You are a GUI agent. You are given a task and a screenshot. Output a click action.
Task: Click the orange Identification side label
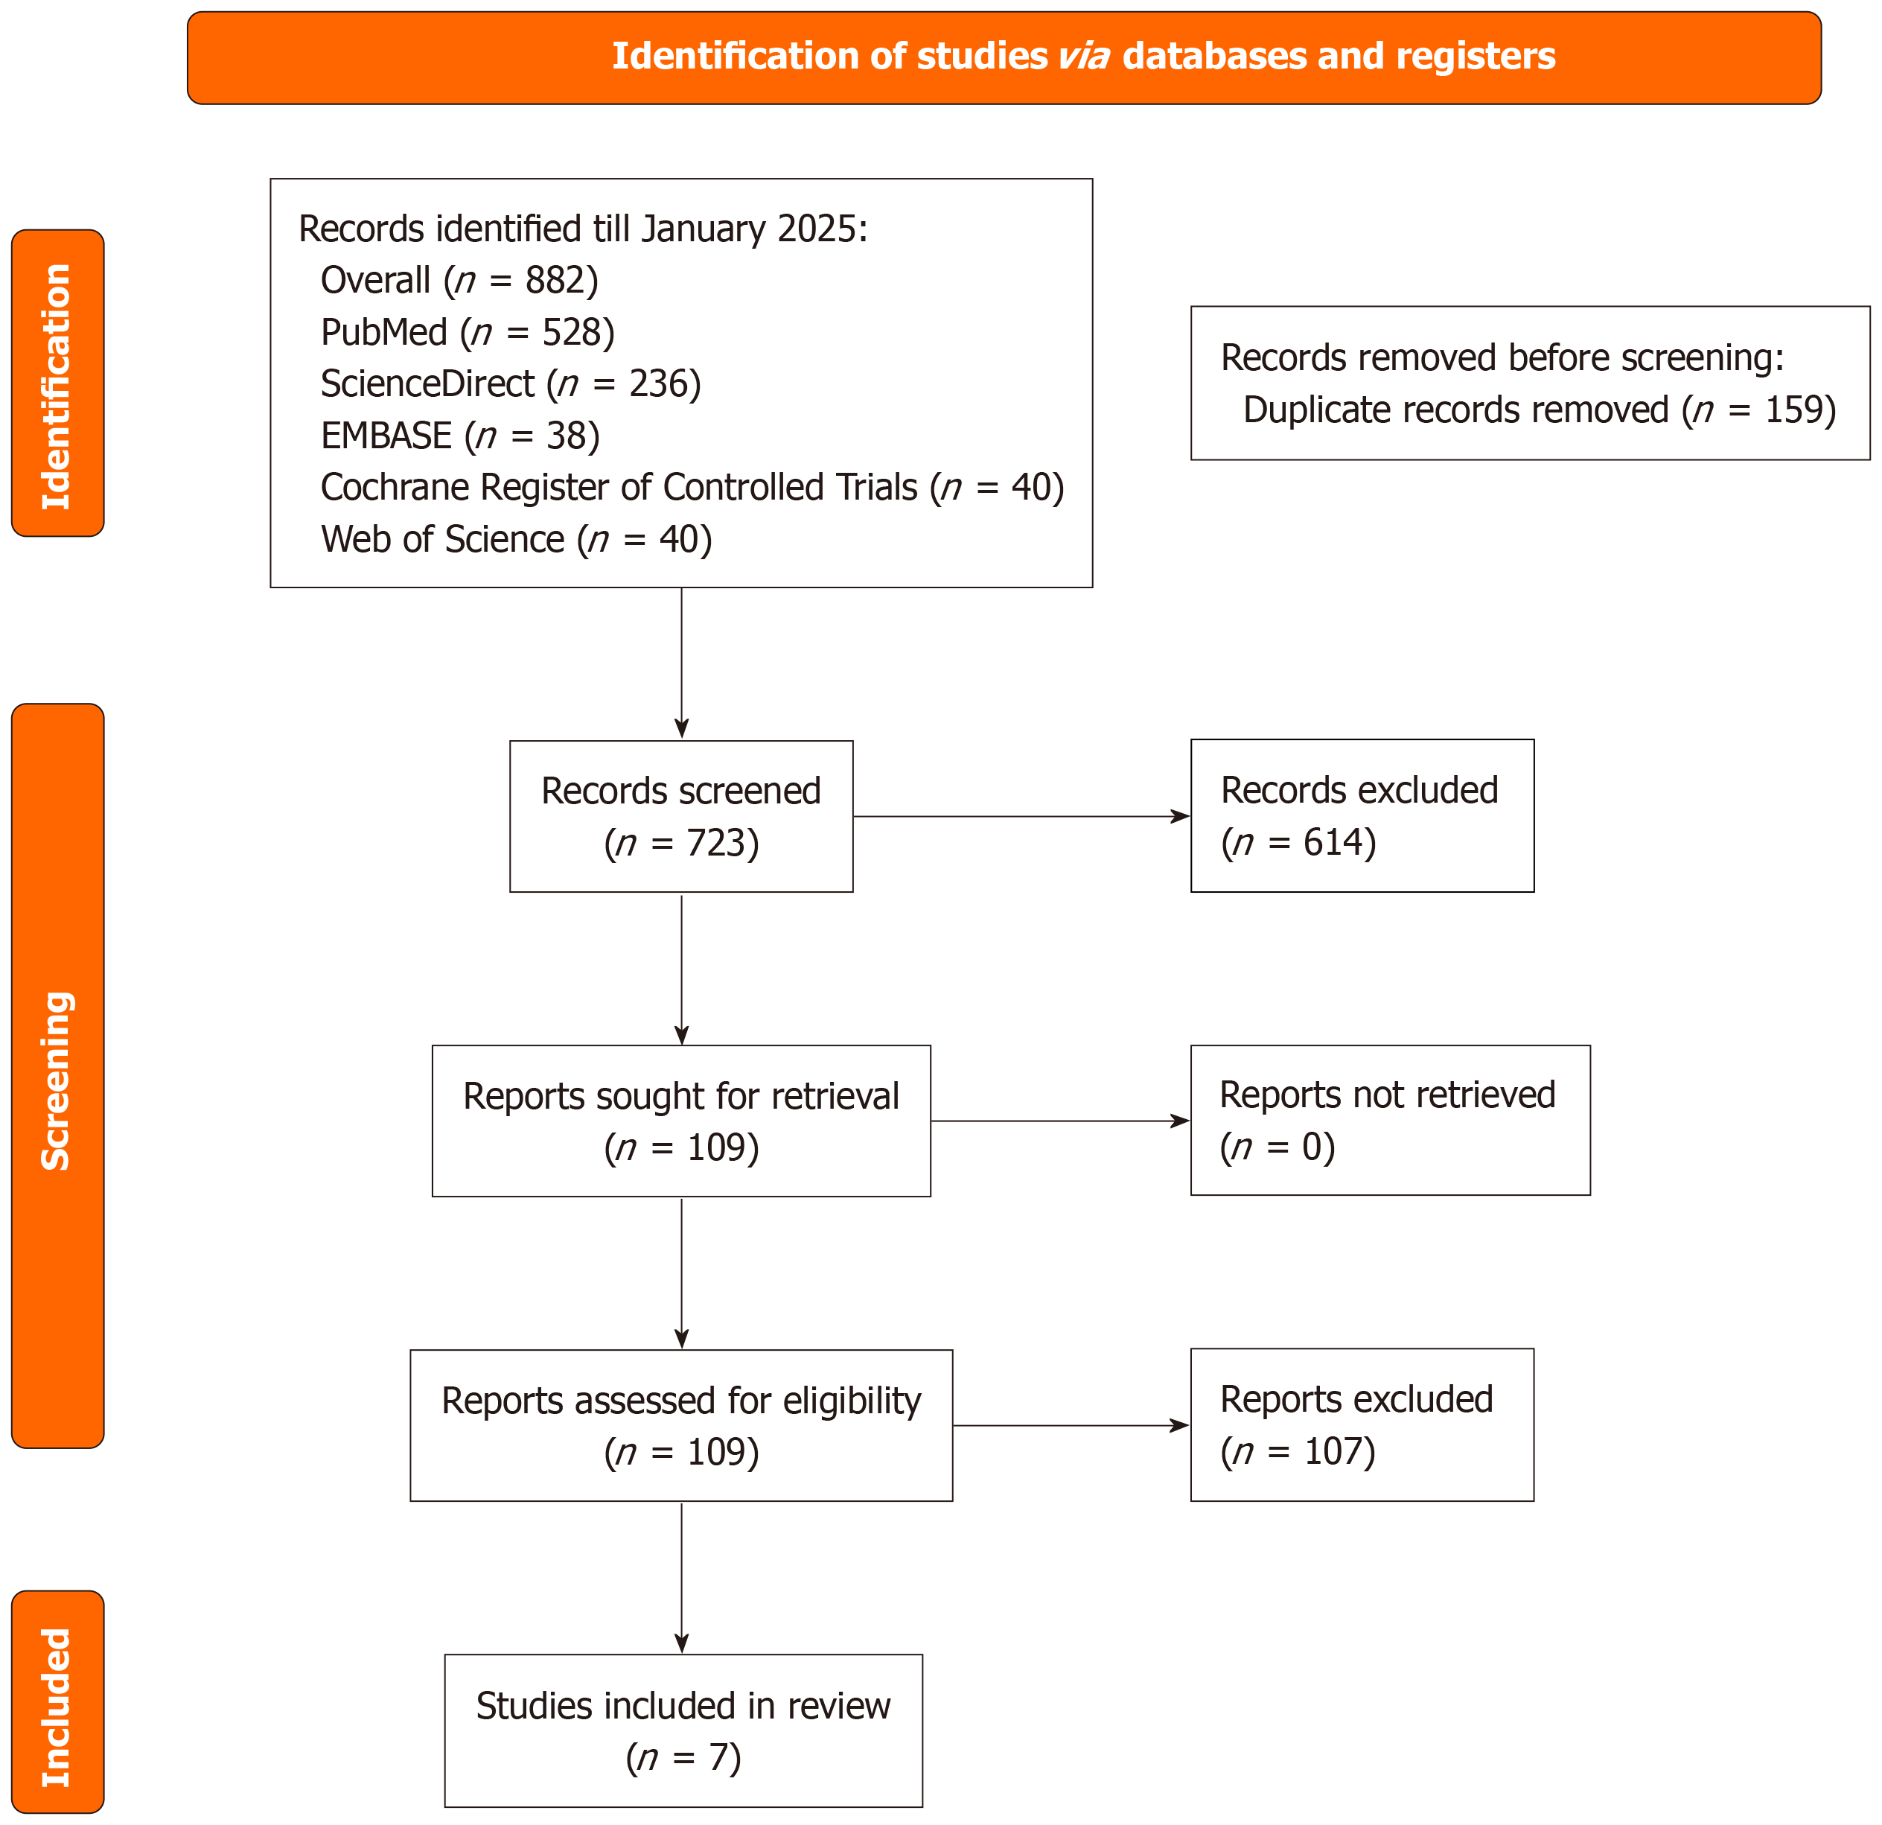57,384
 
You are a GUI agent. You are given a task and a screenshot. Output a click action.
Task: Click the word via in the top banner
1084,57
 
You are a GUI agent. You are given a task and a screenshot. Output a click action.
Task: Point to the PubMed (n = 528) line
468,332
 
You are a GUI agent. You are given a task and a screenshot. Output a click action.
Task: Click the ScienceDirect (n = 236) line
511,384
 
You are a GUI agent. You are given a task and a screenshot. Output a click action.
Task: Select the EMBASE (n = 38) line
460,436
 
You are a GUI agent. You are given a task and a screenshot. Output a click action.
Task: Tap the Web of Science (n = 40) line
517,540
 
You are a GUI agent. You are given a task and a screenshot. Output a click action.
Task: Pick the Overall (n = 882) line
459,281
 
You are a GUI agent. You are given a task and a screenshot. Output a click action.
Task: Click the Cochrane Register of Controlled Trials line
692,488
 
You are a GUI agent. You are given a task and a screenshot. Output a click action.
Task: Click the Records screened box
680,816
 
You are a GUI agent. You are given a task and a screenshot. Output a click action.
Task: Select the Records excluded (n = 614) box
1362,816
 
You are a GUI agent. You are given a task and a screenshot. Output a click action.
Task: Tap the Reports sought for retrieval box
680,1121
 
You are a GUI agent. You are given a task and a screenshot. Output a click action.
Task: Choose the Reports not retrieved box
1389,1121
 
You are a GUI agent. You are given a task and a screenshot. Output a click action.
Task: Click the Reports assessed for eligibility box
680,1425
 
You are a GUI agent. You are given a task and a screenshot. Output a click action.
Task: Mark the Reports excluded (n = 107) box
1362,1425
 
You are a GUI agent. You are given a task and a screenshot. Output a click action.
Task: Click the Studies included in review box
683,1731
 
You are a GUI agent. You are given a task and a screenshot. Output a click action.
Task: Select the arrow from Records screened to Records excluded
1021,816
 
